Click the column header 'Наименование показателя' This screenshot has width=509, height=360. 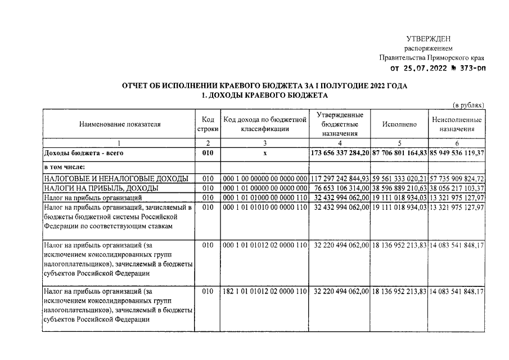[x=119, y=124]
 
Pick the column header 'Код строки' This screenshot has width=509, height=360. [x=208, y=124]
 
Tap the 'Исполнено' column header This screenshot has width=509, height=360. [x=399, y=124]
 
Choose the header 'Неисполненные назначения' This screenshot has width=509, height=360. [x=457, y=124]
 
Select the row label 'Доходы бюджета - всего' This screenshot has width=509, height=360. [x=83, y=153]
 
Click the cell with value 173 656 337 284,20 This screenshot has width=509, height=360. [x=340, y=153]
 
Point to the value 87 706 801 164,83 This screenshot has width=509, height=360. [x=399, y=153]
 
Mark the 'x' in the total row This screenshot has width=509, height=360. [x=265, y=153]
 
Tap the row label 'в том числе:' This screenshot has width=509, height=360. [x=66, y=168]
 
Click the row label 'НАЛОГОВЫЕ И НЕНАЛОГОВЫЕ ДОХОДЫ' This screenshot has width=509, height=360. [x=116, y=178]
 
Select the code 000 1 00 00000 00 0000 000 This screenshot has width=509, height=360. [x=265, y=178]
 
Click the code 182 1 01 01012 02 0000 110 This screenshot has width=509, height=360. [x=265, y=291]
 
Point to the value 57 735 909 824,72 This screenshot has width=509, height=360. [x=457, y=178]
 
